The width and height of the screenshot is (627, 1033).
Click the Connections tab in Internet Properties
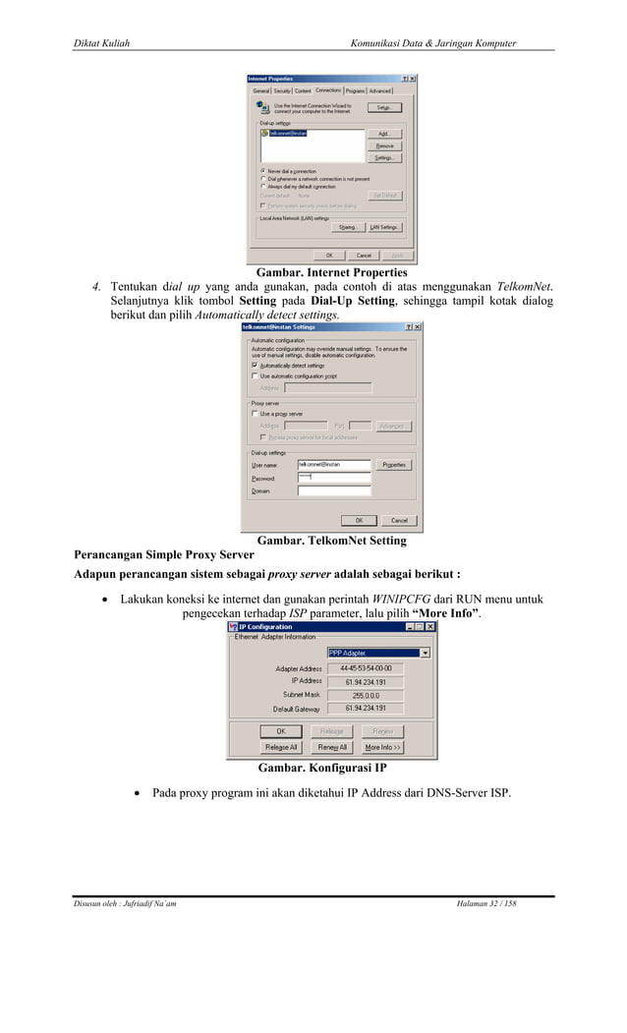click(x=328, y=90)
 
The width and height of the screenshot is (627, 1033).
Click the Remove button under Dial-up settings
click(x=383, y=145)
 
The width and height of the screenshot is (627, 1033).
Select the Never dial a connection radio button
click(x=262, y=170)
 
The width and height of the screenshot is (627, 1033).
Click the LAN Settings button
click(x=383, y=227)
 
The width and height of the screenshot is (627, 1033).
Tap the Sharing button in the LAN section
click(x=348, y=227)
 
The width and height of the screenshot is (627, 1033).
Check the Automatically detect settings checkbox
click(x=254, y=366)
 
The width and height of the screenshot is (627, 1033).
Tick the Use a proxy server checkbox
click(x=254, y=414)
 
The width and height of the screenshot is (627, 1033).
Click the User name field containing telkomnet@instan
click(x=333, y=464)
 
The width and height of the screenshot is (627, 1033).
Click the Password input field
click(x=333, y=478)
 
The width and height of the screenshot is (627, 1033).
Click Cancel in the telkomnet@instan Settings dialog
click(x=399, y=520)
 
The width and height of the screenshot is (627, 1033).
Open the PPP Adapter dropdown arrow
click(x=425, y=652)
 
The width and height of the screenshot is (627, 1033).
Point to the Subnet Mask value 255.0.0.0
click(x=373, y=695)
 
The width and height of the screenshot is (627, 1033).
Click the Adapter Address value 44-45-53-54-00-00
click(x=373, y=668)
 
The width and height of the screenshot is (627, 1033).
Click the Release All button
click(x=281, y=747)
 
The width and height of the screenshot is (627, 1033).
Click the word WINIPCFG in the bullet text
click(x=401, y=598)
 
